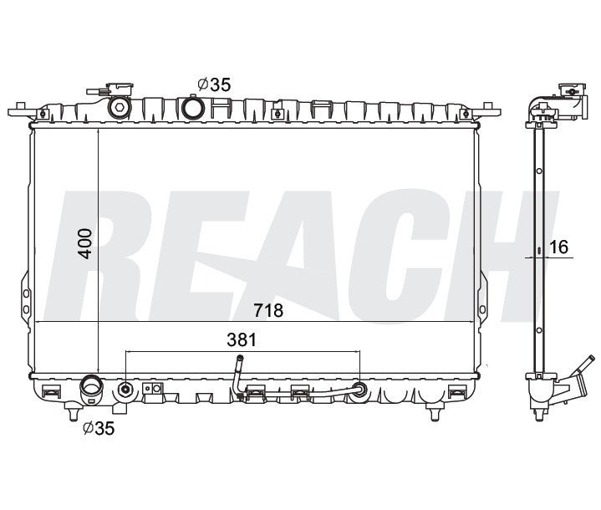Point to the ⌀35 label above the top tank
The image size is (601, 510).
pos(213,84)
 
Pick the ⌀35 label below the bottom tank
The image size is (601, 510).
pos(98,430)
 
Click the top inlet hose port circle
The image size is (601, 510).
pos(194,108)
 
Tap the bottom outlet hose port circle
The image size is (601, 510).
pos(89,389)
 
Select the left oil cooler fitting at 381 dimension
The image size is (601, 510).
pos(125,389)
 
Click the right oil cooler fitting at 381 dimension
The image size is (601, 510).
pos(359,389)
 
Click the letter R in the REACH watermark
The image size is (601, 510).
pos(117,251)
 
